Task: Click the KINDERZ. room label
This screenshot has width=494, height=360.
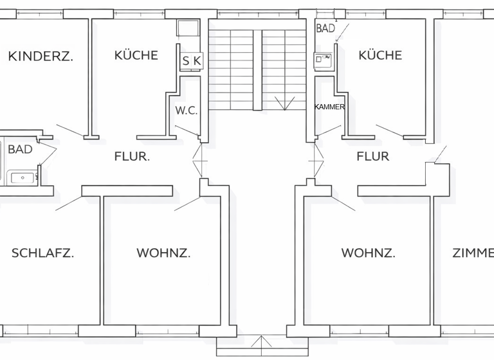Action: click(x=41, y=56)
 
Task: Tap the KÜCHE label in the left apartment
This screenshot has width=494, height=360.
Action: click(x=136, y=55)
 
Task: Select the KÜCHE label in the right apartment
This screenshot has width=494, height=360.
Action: click(x=380, y=55)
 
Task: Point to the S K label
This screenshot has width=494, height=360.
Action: click(x=192, y=60)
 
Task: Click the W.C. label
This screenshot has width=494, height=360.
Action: click(x=187, y=110)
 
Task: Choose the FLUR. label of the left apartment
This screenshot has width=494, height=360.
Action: click(x=132, y=156)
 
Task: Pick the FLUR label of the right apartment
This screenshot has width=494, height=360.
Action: click(x=373, y=156)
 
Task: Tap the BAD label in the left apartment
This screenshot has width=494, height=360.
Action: click(x=20, y=149)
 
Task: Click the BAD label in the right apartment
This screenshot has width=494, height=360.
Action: click(x=325, y=28)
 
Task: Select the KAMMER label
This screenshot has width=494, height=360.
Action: click(x=329, y=107)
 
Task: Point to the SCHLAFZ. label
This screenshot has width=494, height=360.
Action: click(x=42, y=253)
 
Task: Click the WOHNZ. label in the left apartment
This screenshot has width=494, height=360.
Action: click(x=163, y=253)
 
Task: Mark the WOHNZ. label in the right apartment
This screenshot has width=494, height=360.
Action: click(x=368, y=253)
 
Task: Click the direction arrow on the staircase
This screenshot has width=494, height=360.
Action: click(x=284, y=103)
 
